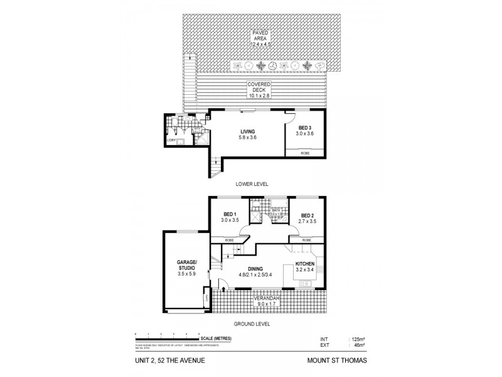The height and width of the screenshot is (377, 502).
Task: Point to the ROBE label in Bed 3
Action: pyautogui.click(x=304, y=153)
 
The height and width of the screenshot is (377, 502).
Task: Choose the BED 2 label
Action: pyautogui.click(x=307, y=214)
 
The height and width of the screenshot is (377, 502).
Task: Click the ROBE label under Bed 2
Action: pyautogui.click(x=306, y=240)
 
